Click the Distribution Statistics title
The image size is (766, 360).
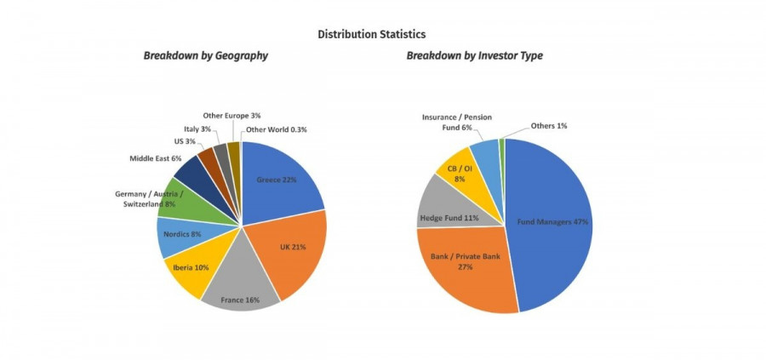371,34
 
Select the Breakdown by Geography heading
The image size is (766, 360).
205,56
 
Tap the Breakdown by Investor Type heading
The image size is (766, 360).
474,56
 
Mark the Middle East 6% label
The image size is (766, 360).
156,158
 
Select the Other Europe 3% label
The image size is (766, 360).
232,115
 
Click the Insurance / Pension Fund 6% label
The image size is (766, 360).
457,122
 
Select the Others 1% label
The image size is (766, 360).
549,126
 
